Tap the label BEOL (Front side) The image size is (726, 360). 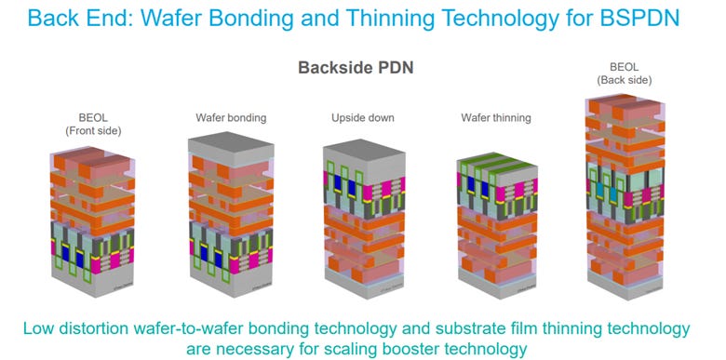tap(88, 124)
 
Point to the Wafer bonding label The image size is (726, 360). tap(231, 118)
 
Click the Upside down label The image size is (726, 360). tap(363, 118)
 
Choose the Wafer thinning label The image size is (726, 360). tap(496, 118)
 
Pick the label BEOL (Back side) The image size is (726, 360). tap(625, 75)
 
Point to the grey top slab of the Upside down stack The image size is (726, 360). tap(363, 155)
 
